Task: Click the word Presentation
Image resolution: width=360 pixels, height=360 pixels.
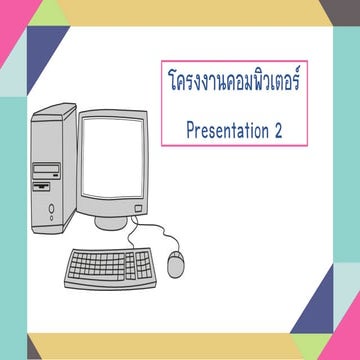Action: (x=222, y=129)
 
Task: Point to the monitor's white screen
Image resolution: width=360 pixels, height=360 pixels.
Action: (x=114, y=155)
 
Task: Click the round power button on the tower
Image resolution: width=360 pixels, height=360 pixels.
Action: (x=51, y=211)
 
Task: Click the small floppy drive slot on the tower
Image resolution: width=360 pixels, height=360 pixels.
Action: (x=42, y=186)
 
